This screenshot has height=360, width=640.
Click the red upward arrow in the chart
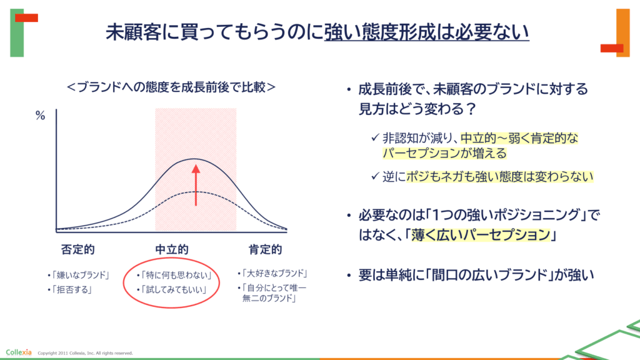(x=196, y=185)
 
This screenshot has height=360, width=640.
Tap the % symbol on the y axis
(x=40, y=116)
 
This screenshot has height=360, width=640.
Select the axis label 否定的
(x=77, y=249)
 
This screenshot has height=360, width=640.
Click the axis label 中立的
(x=172, y=249)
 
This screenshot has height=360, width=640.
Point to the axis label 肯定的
(x=265, y=249)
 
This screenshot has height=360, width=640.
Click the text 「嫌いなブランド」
(x=80, y=275)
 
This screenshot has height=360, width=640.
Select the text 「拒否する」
(x=71, y=290)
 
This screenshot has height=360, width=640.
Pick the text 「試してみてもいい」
(x=174, y=290)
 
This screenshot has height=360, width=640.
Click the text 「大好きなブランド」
(x=274, y=273)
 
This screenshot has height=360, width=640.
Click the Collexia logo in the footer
(x=19, y=352)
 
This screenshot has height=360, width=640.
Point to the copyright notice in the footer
(x=85, y=353)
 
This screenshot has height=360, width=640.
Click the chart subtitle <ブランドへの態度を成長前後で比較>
(x=171, y=87)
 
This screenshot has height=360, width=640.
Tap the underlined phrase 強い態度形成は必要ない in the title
(x=426, y=32)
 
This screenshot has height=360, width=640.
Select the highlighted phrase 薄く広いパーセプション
(x=481, y=235)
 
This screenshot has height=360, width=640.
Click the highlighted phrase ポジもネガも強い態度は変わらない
(x=499, y=176)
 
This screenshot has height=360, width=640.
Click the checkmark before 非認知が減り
(x=375, y=137)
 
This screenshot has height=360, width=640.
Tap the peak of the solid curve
(x=195, y=159)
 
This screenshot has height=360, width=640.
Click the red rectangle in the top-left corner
(x=26, y=18)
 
